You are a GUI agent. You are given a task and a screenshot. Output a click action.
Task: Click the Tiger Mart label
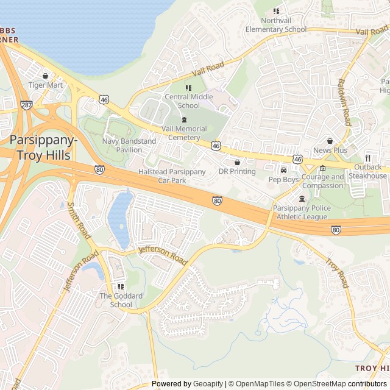46,85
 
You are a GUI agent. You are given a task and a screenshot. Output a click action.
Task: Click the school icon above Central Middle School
188,88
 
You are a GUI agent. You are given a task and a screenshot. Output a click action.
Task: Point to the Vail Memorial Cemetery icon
185,120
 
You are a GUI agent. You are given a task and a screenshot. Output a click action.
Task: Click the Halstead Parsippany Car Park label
172,176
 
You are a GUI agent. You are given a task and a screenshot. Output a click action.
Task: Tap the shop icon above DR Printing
237,163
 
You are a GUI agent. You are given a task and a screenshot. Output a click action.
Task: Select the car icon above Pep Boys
283,170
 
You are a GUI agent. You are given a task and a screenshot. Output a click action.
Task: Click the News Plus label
330,150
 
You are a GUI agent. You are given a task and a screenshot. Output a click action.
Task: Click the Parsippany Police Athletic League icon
302,199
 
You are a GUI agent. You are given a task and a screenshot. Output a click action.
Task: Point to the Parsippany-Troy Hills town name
43,147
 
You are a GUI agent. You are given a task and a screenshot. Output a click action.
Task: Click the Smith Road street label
79,221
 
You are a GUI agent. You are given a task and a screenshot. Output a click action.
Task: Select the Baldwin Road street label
344,102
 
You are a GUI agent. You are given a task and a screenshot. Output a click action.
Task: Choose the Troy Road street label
336,272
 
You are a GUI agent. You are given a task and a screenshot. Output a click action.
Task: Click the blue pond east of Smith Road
120,218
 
